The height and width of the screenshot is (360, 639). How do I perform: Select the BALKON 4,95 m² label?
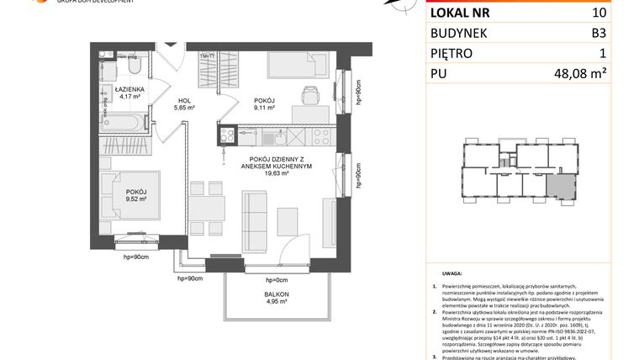(276, 295)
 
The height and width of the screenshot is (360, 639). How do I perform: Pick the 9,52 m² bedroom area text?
(135, 200)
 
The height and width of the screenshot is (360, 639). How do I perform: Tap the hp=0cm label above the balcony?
(276, 279)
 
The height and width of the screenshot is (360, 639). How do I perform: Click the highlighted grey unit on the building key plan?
(557, 188)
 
